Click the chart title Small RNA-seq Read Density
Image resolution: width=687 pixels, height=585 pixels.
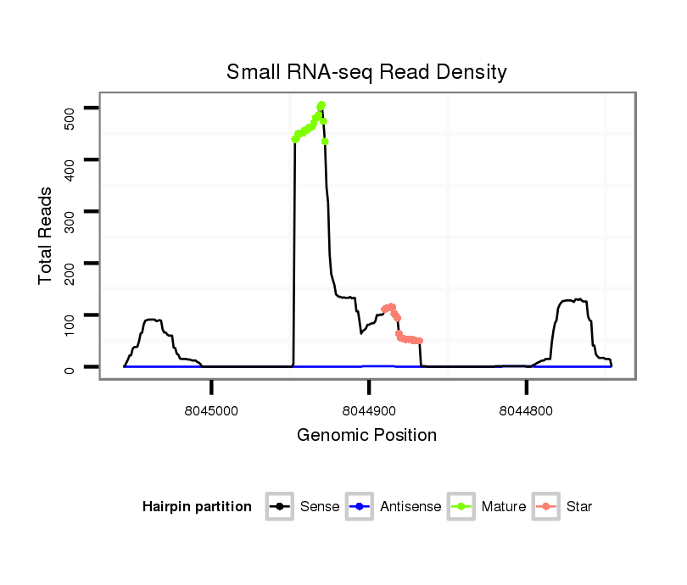click(x=366, y=72)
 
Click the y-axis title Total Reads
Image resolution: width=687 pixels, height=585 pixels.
click(x=46, y=235)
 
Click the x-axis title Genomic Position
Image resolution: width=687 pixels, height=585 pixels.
click(x=366, y=436)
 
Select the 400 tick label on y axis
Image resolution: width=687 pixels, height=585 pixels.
click(x=70, y=160)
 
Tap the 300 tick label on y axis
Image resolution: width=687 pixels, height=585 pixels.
click(x=70, y=212)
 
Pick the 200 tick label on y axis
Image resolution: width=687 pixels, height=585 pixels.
click(x=70, y=264)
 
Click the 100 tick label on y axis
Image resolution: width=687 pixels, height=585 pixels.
click(x=70, y=315)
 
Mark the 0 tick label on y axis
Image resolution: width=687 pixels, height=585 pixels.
click(x=70, y=367)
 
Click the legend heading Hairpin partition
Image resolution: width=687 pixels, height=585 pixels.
click(x=197, y=507)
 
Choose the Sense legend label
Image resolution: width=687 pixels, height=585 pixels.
click(x=320, y=507)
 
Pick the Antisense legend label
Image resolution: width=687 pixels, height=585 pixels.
click(x=411, y=507)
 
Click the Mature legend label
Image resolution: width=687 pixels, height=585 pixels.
click(x=504, y=507)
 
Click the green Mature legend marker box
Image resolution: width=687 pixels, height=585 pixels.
click(x=461, y=507)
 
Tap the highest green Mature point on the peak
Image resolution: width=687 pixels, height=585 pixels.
click(x=321, y=105)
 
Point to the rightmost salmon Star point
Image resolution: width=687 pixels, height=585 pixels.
click(x=420, y=341)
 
